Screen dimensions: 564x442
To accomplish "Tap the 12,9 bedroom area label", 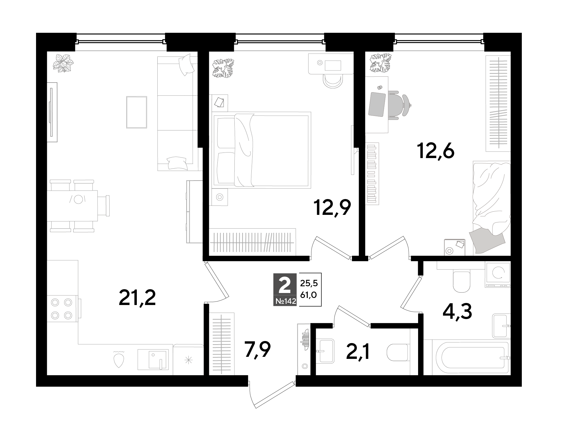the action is (x=332, y=208).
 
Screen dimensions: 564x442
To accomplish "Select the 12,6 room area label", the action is (x=436, y=152).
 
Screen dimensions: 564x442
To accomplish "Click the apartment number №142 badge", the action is (x=285, y=301).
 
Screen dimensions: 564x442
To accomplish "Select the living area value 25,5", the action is (x=309, y=283).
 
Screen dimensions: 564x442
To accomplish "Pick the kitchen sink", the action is (x=153, y=360).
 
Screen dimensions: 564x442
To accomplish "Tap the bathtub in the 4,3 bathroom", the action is (x=467, y=357).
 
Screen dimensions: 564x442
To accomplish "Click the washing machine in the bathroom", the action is (x=498, y=274).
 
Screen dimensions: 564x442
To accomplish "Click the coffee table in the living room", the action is (x=137, y=112).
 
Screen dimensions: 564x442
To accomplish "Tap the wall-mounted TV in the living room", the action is (x=52, y=112).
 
